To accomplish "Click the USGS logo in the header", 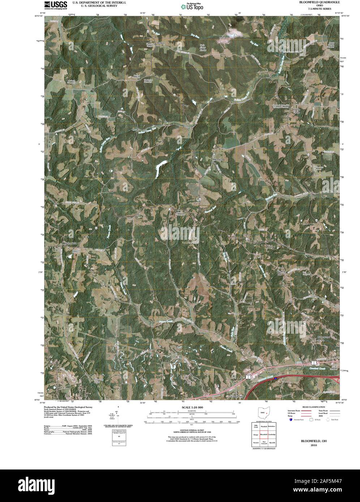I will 55,5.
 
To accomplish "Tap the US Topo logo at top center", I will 192,6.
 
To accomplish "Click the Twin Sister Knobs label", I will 203,47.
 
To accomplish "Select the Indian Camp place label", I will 296,111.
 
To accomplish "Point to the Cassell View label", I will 237,397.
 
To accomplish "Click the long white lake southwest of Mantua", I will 159,169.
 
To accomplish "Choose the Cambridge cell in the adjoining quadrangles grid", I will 272,434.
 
